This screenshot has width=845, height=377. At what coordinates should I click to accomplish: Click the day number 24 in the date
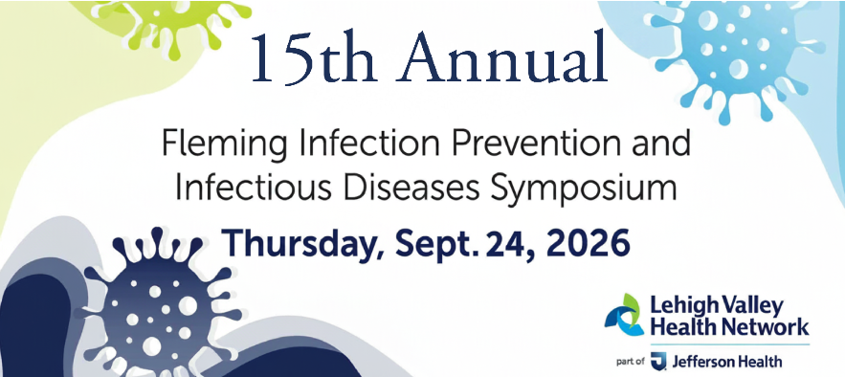point(510,244)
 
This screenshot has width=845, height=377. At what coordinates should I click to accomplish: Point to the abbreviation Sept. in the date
point(437,244)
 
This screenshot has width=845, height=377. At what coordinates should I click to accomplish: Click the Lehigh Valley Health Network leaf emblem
point(624,315)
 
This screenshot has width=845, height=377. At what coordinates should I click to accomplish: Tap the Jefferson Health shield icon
point(658,361)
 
